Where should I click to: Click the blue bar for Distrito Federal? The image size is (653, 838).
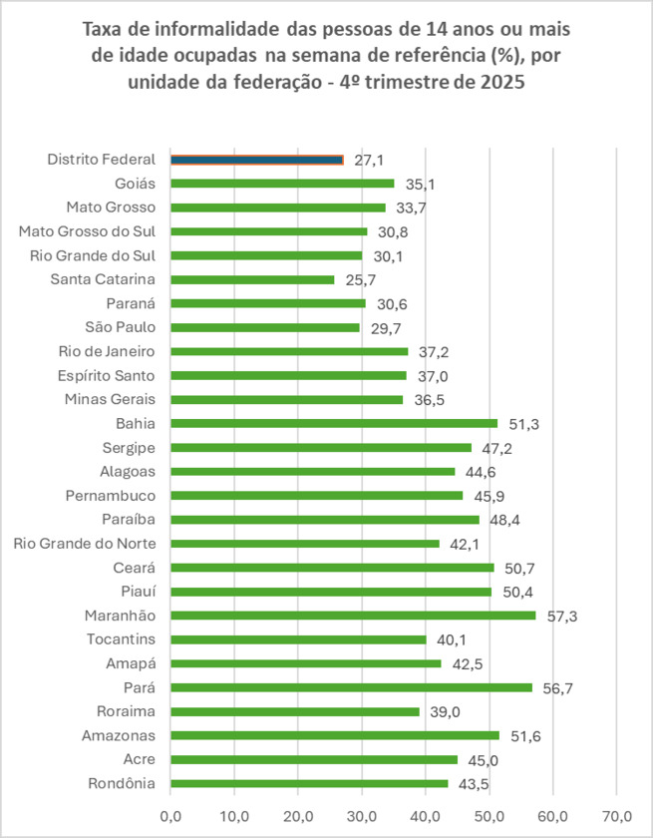coord(256,160)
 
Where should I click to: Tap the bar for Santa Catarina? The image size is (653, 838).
coord(252,279)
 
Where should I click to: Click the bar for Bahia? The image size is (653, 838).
coord(334,423)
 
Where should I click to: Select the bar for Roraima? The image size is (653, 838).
coord(295,711)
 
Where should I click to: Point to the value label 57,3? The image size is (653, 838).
coord(562,617)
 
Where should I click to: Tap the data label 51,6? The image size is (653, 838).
coord(525,736)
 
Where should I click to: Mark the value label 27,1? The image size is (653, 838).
coord(370,160)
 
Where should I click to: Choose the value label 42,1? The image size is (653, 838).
coord(466,544)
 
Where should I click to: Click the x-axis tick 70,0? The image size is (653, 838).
coord(617,814)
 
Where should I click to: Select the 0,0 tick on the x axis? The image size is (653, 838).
coord(170,814)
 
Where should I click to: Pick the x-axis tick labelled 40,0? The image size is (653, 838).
coord(426,814)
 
